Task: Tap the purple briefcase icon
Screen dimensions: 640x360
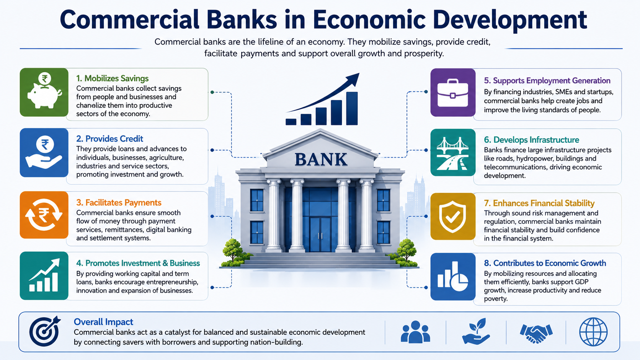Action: [x=452, y=93]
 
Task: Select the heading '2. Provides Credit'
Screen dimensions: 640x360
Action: [x=109, y=139]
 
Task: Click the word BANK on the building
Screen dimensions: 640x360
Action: [x=321, y=159]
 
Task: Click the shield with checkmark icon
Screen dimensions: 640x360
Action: [x=452, y=217]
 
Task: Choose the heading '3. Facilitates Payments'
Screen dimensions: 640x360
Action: [x=119, y=203]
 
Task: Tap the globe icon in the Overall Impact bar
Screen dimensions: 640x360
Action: [x=593, y=332]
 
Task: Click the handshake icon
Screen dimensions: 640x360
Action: [x=536, y=333]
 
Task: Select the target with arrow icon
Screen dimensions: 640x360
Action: [x=44, y=331]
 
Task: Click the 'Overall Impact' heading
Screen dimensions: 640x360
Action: [x=103, y=322]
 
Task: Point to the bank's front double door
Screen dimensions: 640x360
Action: [x=320, y=235]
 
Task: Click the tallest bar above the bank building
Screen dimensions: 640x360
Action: [x=352, y=109]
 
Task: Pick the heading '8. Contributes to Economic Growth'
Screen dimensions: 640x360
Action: [x=545, y=263]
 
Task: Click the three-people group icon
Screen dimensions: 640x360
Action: [x=415, y=332]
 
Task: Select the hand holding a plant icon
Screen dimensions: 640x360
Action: [x=476, y=331]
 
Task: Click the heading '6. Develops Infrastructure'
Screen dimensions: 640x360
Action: [x=531, y=140]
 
